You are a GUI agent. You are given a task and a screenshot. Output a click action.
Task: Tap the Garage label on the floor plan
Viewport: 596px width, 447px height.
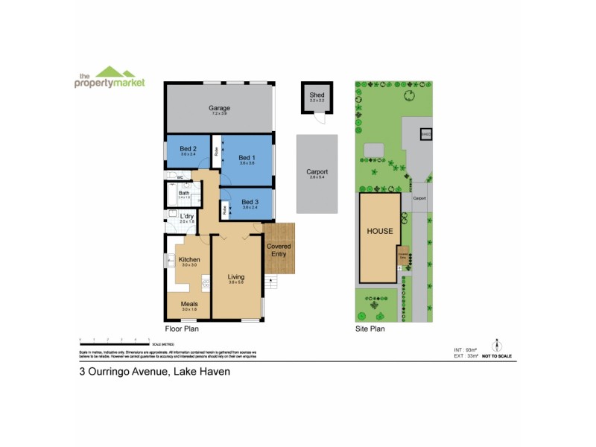point(218,109)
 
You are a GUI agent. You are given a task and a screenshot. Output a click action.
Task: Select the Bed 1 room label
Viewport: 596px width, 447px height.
point(247,158)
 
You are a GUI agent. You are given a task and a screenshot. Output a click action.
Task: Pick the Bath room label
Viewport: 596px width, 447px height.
point(183,193)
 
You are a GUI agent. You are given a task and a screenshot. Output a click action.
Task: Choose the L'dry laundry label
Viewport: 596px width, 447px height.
point(186,216)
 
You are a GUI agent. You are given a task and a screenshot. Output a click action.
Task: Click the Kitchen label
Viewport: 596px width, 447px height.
point(189,259)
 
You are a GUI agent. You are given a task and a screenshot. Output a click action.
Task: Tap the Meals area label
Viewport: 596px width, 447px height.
point(188,304)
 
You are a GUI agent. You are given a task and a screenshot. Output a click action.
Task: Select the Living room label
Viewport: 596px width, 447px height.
point(236,277)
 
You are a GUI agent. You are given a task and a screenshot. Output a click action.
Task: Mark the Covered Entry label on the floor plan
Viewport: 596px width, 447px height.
point(279,250)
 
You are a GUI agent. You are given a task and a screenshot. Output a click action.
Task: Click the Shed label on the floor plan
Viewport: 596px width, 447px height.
point(317,95)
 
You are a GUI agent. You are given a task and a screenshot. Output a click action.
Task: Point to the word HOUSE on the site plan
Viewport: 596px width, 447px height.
point(379,231)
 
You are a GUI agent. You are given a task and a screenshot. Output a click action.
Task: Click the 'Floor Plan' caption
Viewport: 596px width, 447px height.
point(181,328)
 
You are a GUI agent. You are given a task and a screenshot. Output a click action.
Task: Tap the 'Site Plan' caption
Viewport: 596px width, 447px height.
point(370,328)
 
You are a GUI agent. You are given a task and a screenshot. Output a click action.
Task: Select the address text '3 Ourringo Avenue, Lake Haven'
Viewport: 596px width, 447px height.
point(155,370)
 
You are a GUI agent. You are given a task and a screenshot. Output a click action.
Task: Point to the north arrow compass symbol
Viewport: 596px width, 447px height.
point(497,345)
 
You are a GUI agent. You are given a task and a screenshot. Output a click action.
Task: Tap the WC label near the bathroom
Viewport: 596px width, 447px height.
point(180,177)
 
